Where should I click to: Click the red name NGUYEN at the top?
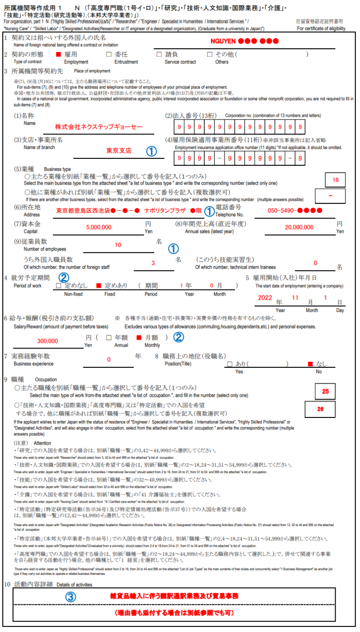pos(222,41)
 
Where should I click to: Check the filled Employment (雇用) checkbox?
pos(59,55)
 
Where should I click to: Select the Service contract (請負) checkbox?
pos(159,55)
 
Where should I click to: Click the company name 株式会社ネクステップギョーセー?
pos(98,126)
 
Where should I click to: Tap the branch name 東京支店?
pos(119,151)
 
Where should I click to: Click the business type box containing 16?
pos(335,180)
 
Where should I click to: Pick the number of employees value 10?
pos(118,245)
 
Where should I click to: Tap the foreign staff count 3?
pos(153,263)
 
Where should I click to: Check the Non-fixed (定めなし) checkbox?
pos(59,285)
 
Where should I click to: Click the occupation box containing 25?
pos(325,391)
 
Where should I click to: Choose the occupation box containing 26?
pos(320,409)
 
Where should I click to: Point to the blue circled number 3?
pos(70,597)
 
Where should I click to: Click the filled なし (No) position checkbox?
pos(309,364)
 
